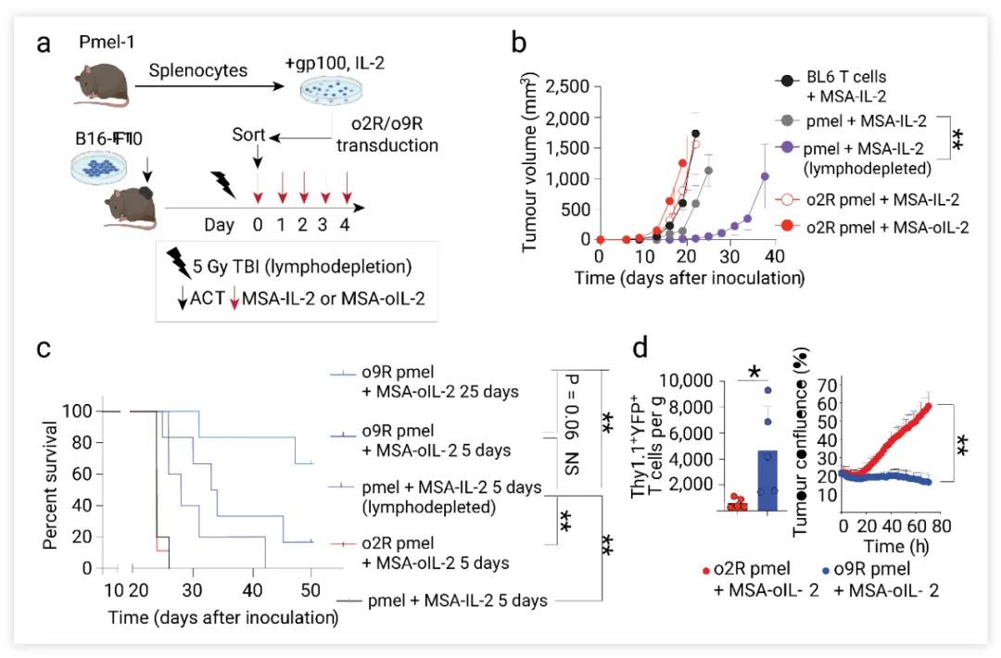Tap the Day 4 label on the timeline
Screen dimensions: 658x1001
click(346, 224)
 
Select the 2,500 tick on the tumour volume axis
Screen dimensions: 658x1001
click(566, 88)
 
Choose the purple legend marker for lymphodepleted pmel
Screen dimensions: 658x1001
click(787, 146)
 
